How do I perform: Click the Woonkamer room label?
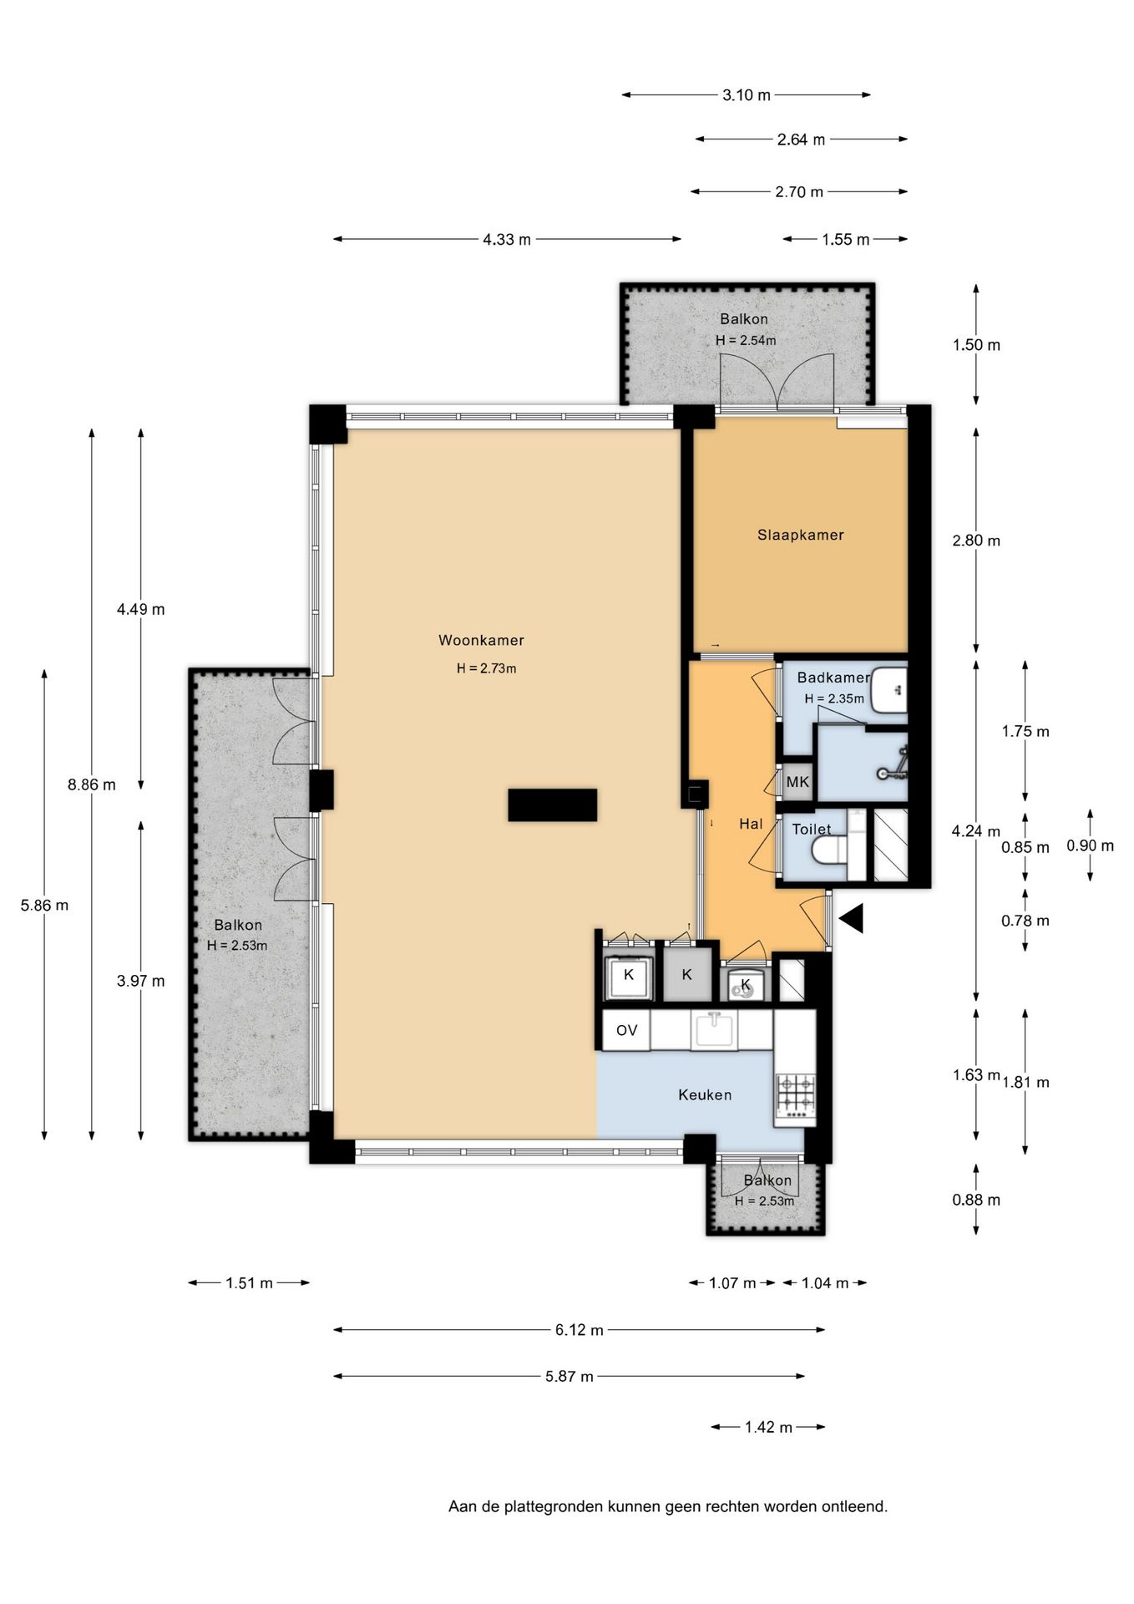coord(481,640)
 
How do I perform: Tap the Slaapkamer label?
coord(801,535)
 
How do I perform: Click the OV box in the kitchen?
coord(627,1030)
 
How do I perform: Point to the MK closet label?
coord(797,782)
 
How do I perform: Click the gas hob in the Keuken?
coord(796,1096)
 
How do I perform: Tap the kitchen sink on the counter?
coord(714,1029)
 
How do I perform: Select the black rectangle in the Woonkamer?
coord(552,805)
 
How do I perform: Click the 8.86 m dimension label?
coord(92,784)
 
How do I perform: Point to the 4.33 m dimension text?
coord(507,240)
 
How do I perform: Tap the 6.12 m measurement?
coord(580,1329)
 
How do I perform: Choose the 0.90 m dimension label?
coord(1090,845)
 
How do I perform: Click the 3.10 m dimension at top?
coord(747,95)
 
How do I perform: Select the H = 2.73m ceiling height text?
coord(486,668)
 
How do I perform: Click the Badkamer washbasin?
coord(888,689)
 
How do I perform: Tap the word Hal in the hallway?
coord(751,824)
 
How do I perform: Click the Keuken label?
coord(705,1094)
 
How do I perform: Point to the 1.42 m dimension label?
coord(768,1427)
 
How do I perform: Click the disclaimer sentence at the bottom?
coord(668,1506)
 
